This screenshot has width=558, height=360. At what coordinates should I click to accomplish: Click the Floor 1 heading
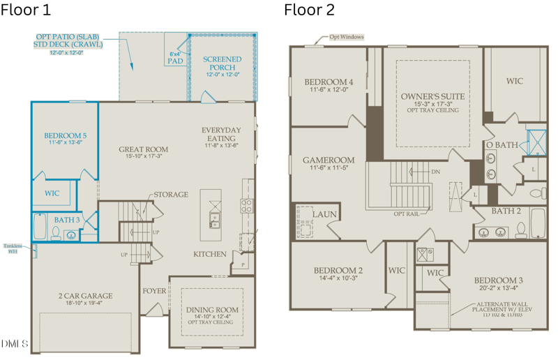(27, 10)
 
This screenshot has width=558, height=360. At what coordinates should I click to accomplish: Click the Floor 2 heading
(309, 10)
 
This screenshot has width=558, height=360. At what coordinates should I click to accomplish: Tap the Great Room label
(143, 149)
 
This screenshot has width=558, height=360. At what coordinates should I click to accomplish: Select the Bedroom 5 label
(65, 135)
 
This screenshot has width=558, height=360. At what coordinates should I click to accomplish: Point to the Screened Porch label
(223, 63)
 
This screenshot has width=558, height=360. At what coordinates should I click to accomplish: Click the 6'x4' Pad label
(176, 57)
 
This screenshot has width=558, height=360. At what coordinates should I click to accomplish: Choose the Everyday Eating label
(221, 134)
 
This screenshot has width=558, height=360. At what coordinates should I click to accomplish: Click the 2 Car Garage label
(85, 296)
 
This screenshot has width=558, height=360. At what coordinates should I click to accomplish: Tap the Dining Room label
(212, 310)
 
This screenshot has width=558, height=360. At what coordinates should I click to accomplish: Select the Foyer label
(154, 290)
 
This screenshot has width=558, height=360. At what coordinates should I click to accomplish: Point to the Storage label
(171, 194)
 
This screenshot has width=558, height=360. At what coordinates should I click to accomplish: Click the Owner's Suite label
(432, 96)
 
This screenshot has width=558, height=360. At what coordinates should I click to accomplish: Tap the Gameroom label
(329, 160)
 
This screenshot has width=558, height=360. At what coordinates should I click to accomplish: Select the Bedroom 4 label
(329, 82)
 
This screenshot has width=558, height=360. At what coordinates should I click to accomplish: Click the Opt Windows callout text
(347, 37)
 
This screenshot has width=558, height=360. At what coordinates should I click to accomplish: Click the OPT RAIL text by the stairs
(406, 213)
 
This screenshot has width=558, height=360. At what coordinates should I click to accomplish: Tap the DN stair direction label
(436, 172)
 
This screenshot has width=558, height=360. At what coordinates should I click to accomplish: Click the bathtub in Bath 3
(40, 226)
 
